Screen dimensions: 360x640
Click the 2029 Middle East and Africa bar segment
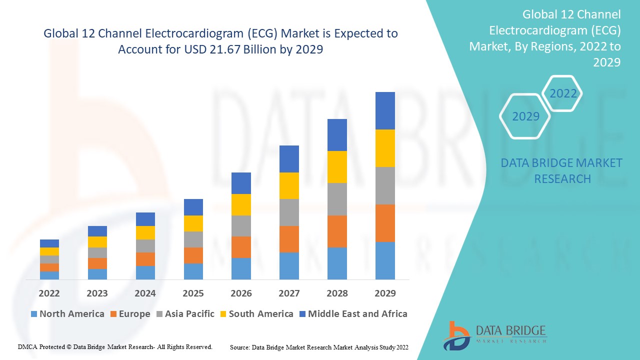coord(385,110)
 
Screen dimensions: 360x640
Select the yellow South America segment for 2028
coord(337,166)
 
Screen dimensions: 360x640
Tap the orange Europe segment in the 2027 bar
coord(289,239)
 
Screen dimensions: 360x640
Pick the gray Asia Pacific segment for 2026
coord(241,225)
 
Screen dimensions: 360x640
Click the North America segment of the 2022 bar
coord(49,275)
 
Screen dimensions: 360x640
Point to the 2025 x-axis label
coord(193,293)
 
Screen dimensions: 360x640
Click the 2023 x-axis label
coord(97,293)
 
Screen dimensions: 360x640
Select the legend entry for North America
coord(67,314)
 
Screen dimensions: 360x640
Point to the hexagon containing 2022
coord(563,93)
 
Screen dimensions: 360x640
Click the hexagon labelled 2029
coord(525,116)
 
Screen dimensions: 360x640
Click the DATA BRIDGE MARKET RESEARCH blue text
coord(562,170)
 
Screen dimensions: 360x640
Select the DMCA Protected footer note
coord(115,346)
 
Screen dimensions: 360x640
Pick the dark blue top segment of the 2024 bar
coord(145,219)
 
